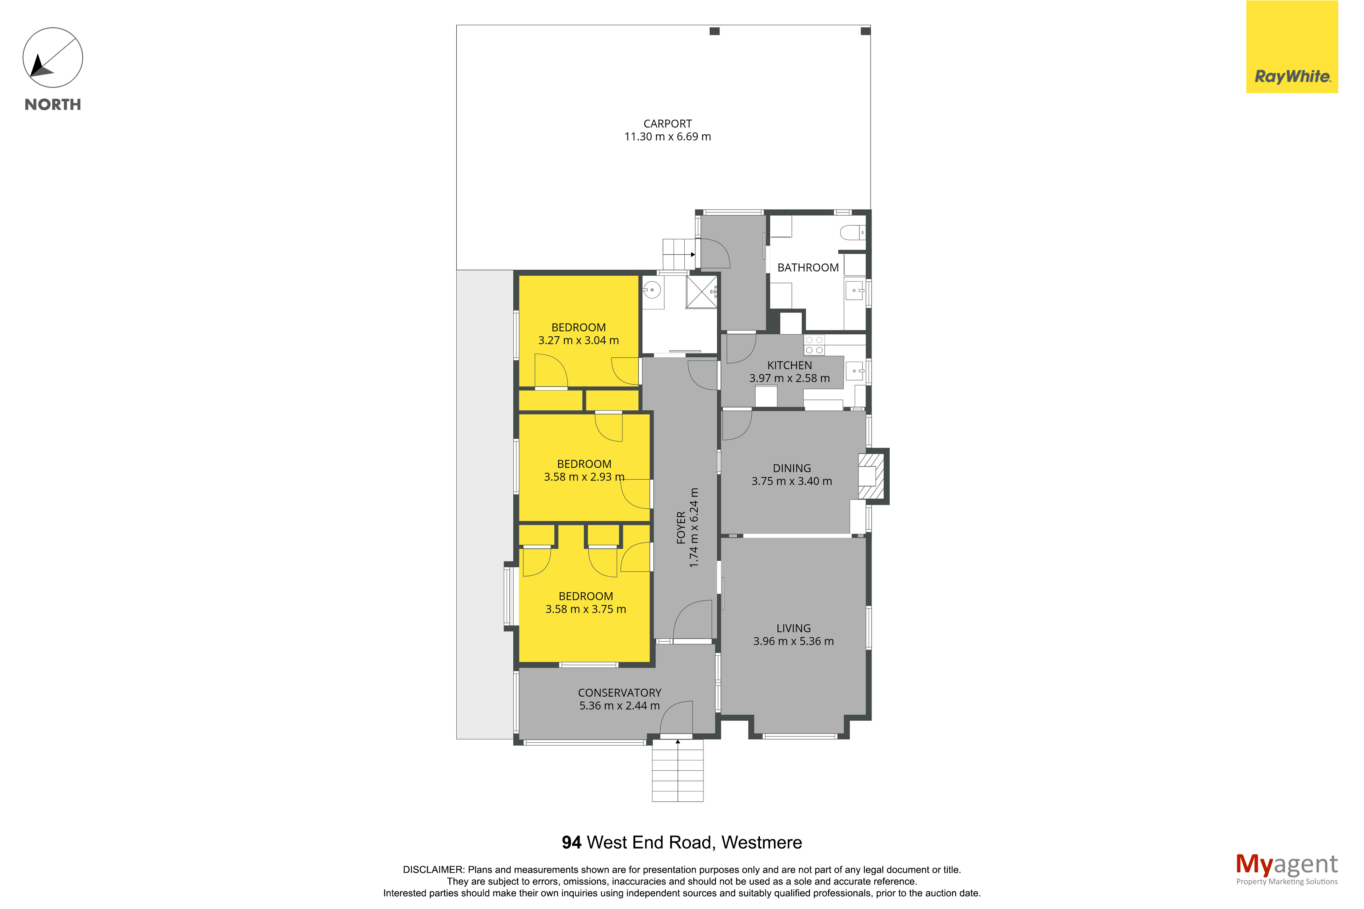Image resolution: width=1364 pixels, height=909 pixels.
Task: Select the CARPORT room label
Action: click(667, 124)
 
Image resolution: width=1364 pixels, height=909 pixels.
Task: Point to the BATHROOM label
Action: click(807, 267)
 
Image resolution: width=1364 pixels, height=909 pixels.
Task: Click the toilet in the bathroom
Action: click(852, 233)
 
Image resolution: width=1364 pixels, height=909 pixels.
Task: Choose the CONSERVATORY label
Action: click(619, 692)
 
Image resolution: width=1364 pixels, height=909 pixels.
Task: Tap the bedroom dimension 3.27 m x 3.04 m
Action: click(578, 340)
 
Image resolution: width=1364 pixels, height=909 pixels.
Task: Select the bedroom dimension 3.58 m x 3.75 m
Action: click(585, 609)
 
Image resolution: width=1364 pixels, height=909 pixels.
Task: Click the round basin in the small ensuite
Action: click(652, 289)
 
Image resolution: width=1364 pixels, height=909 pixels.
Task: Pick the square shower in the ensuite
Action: click(701, 291)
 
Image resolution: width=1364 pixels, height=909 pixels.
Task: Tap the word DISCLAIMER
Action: click(433, 870)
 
